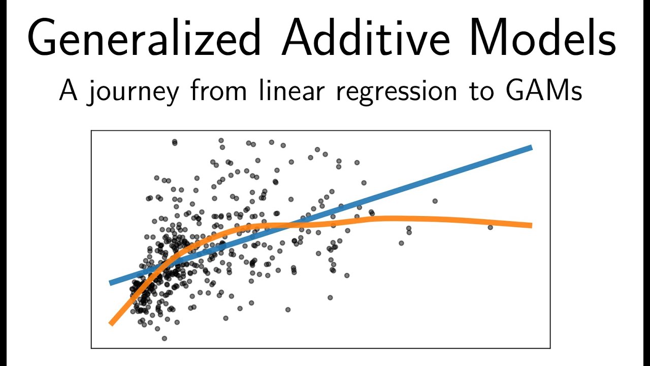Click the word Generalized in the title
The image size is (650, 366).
point(144,39)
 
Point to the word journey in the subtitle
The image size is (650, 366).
point(134,93)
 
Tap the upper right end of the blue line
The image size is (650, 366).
point(531,147)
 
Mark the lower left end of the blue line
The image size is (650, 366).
point(111,283)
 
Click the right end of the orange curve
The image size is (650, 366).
point(531,225)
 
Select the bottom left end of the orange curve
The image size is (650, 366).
point(111,323)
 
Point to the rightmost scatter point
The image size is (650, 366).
point(490,227)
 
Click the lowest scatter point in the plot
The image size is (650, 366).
point(164,338)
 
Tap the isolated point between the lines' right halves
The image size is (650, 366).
point(435,201)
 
